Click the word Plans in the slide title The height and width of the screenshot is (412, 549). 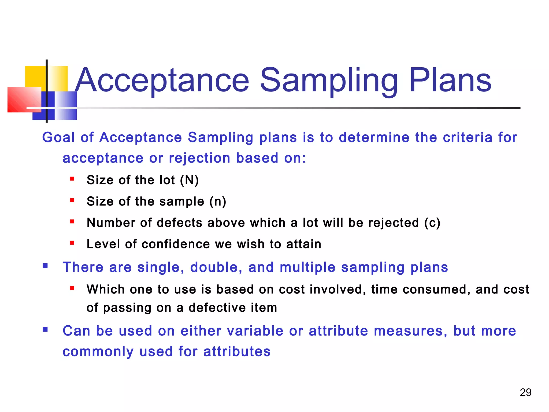(x=450, y=80)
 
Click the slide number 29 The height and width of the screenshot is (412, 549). (x=525, y=392)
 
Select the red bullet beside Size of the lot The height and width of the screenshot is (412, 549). (x=72, y=179)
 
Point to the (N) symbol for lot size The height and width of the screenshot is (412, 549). (x=189, y=180)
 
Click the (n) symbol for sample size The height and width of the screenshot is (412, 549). (x=218, y=201)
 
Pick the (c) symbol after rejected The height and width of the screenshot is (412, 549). (x=432, y=223)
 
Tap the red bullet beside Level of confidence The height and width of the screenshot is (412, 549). (x=72, y=243)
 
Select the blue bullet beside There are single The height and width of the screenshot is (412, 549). (x=45, y=266)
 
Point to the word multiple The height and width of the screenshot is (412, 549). (x=307, y=267)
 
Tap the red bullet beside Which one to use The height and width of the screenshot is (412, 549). (x=72, y=288)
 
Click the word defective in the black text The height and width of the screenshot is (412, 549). (x=217, y=308)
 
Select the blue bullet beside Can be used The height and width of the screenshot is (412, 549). (x=45, y=329)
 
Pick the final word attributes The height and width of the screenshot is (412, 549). (x=237, y=351)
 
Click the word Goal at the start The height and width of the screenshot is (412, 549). (x=58, y=137)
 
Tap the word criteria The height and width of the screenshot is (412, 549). (x=468, y=137)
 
